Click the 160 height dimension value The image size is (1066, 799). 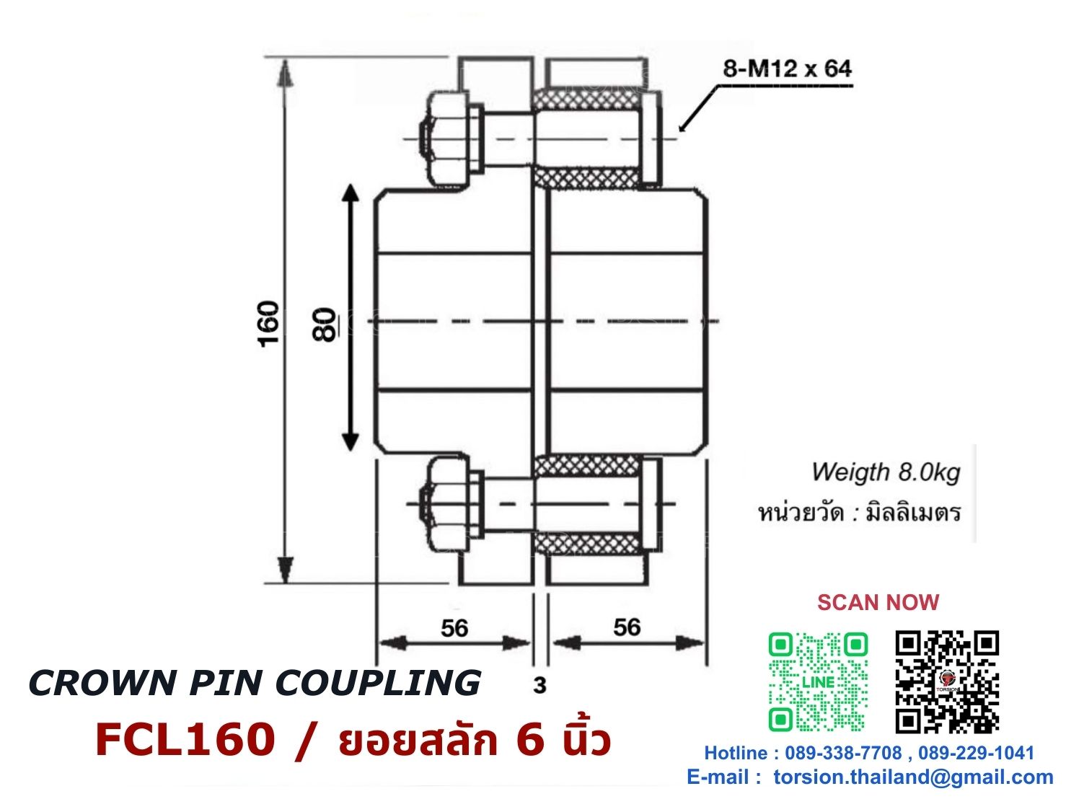(268, 324)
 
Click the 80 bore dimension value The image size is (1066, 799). (323, 325)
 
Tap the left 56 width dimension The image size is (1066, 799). (454, 628)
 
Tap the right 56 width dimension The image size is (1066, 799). (627, 627)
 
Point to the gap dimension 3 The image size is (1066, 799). (539, 685)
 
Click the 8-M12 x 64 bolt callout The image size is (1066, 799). (787, 69)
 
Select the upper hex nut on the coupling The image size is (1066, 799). (446, 139)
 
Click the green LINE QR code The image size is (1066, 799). (818, 682)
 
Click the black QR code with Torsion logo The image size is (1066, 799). (947, 682)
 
